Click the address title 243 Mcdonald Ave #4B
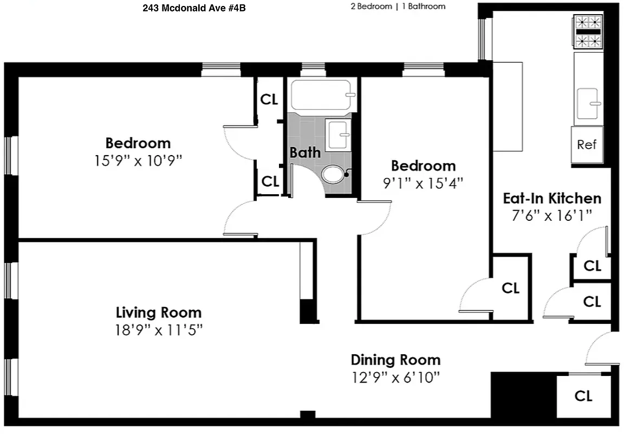click(x=190, y=8)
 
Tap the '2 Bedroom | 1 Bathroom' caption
click(x=398, y=7)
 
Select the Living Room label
click(x=159, y=312)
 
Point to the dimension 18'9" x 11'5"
click(x=159, y=330)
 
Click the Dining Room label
click(x=395, y=360)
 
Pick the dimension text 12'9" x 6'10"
click(x=395, y=377)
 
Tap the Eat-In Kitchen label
click(x=552, y=198)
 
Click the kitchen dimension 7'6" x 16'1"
click(x=552, y=215)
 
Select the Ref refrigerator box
click(x=587, y=144)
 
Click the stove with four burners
click(x=588, y=31)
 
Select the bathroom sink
click(x=337, y=133)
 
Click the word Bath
click(x=305, y=152)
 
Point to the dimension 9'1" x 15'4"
click(x=423, y=183)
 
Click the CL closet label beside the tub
click(x=269, y=99)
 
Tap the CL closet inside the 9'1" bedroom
click(x=510, y=288)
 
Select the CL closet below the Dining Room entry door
click(x=583, y=395)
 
